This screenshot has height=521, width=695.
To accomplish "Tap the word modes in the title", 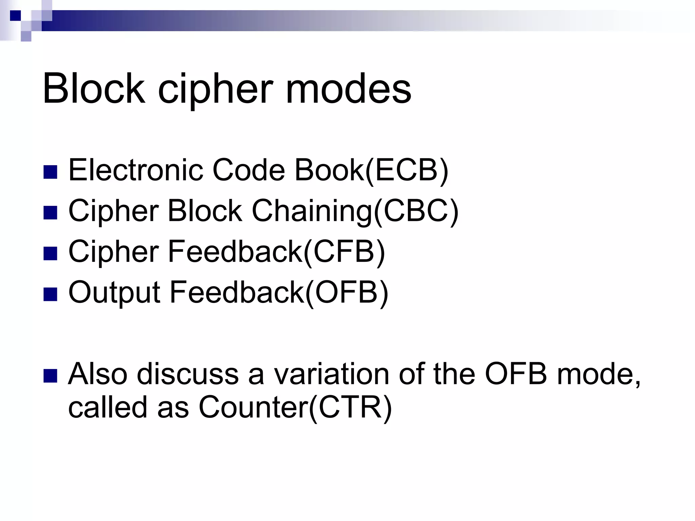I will (x=349, y=89).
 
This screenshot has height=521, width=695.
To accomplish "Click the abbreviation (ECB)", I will (x=407, y=170).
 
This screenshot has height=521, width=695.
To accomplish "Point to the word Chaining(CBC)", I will (x=355, y=211).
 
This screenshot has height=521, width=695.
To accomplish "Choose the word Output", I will (x=114, y=292).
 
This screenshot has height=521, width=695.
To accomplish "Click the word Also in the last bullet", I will (x=98, y=374).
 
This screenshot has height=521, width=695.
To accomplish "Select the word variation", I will (x=331, y=374).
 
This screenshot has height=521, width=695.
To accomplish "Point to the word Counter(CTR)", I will (x=295, y=407).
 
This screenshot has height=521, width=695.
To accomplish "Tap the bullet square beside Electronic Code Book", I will (x=50, y=172).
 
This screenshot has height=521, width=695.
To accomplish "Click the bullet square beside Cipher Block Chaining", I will (x=50, y=213).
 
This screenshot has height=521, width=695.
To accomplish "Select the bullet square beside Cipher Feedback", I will (x=50, y=253).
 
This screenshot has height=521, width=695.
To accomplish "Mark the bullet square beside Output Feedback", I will (x=50, y=294).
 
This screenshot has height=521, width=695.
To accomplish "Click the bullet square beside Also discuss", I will (x=50, y=376).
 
